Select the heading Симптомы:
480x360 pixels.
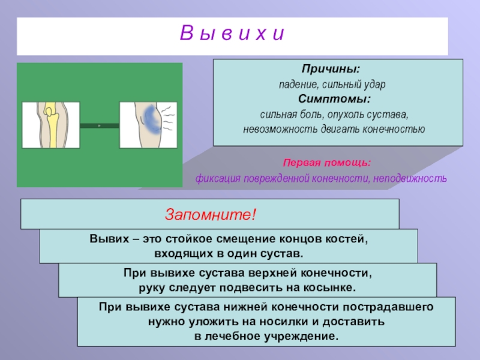pos(334,98)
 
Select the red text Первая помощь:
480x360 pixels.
pos(328,163)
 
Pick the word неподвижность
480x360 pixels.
pos(409,179)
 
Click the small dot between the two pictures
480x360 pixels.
pos(100,125)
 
